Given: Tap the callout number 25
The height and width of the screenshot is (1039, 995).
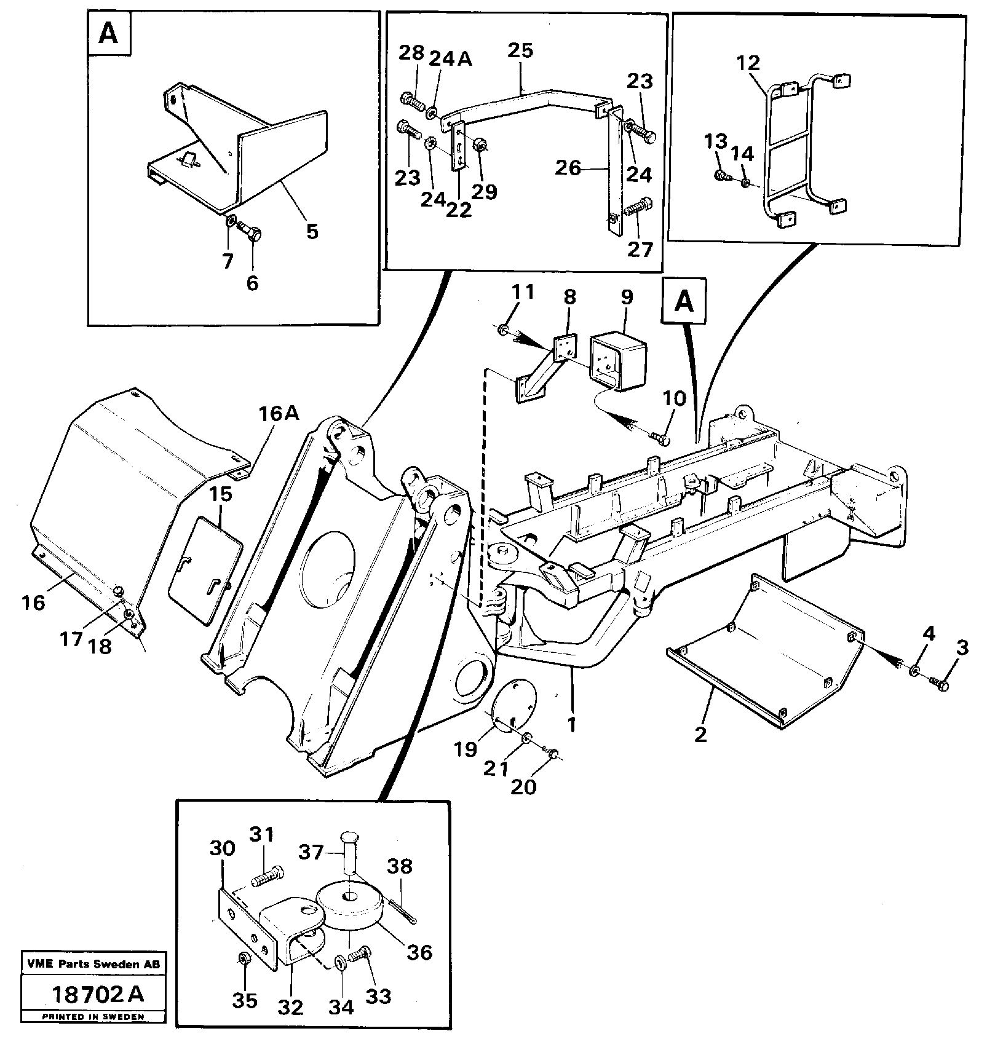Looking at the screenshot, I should (520, 51).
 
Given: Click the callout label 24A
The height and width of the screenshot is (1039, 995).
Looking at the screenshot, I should (450, 58).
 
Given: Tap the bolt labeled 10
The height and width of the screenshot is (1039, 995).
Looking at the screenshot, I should (660, 438).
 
